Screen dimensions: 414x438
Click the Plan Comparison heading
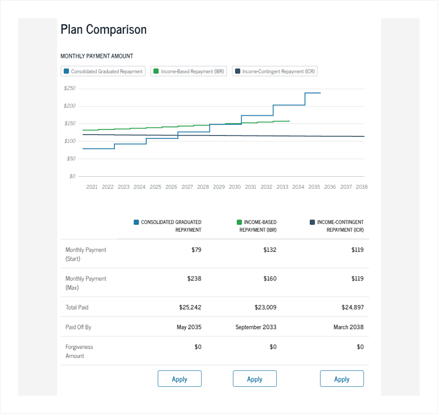pyautogui.click(x=104, y=30)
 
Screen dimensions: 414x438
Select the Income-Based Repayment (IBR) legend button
pyautogui.click(x=189, y=71)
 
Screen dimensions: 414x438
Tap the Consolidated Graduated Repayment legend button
pyautogui.click(x=103, y=71)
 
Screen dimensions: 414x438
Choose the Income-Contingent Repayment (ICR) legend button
pyautogui.click(x=275, y=71)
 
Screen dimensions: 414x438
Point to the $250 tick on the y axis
pyautogui.click(x=70, y=88)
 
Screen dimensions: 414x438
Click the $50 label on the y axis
pyautogui.click(x=71, y=159)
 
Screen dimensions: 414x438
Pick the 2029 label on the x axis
pyautogui.click(x=219, y=187)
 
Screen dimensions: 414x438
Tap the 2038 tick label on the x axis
pyautogui.click(x=362, y=187)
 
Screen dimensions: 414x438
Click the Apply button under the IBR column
pyautogui.click(x=255, y=379)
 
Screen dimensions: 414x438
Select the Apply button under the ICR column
pyautogui.click(x=342, y=379)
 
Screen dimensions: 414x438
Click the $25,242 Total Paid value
pyautogui.click(x=190, y=307)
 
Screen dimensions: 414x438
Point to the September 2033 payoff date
pyautogui.click(x=256, y=327)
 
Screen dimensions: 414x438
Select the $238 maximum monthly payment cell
pyautogui.click(x=194, y=279)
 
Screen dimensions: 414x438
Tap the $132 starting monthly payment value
pyautogui.click(x=270, y=250)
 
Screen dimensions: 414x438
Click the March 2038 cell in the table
pyautogui.click(x=349, y=327)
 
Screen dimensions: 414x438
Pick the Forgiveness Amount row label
pyautogui.click(x=79, y=351)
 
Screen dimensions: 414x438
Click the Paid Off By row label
pyautogui.click(x=78, y=327)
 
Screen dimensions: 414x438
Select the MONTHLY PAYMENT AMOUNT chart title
pyautogui.click(x=97, y=56)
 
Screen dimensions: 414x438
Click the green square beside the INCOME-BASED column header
pyautogui.click(x=239, y=222)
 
